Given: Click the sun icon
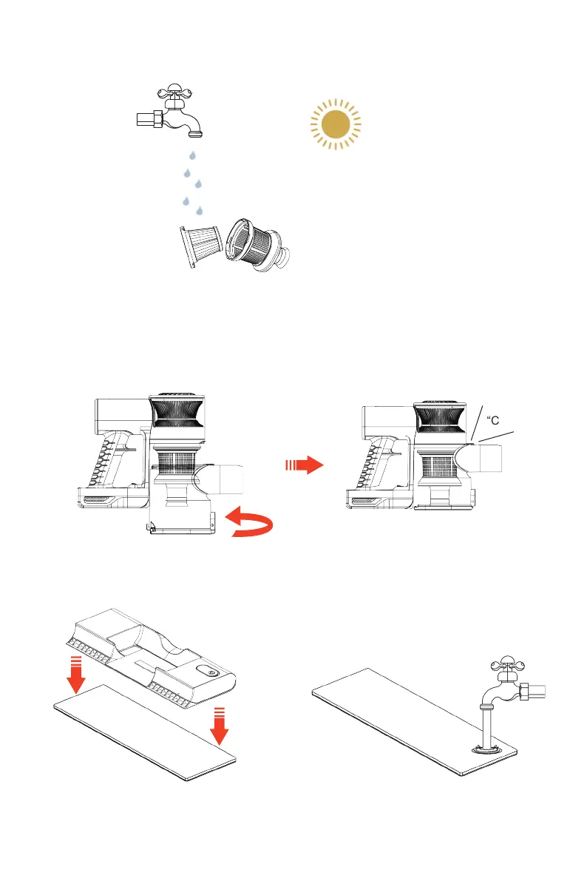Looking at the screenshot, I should tap(335, 124).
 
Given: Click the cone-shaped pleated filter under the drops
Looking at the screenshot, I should tap(203, 241).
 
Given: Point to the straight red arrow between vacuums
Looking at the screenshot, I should tap(304, 465).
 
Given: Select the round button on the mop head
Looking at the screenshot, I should tap(213, 674).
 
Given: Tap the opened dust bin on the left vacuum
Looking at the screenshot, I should tap(182, 521).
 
